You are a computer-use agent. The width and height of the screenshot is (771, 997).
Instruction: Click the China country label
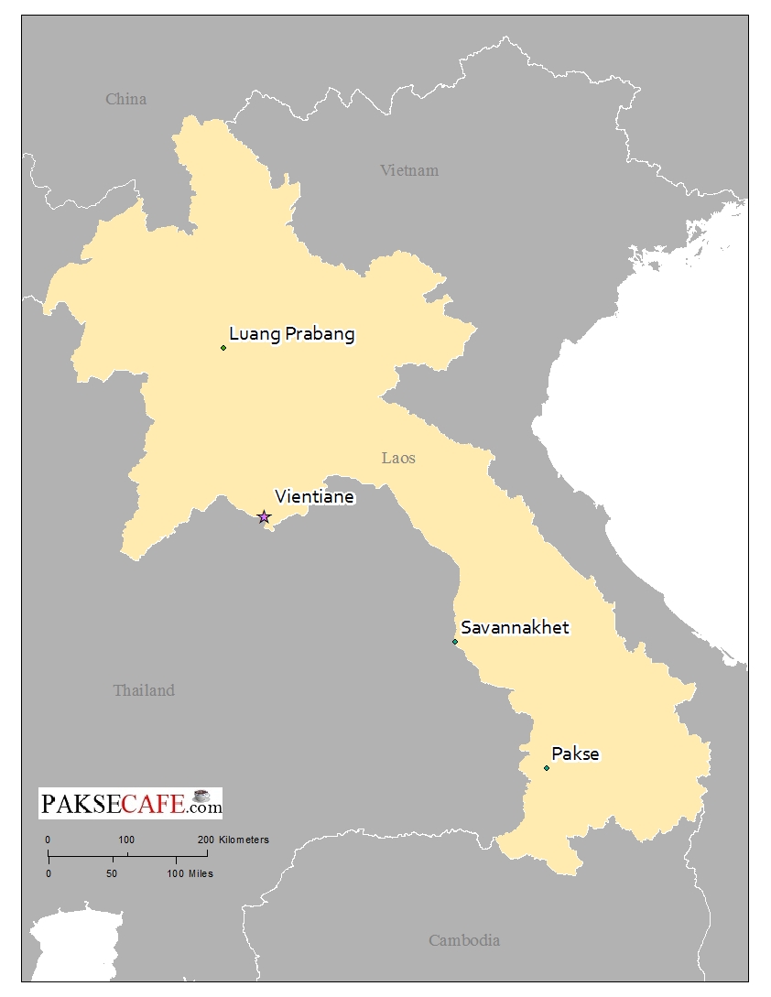point(125,99)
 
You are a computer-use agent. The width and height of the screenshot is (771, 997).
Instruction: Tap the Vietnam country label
point(409,170)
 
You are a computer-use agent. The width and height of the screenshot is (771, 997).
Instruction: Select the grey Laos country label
point(398,458)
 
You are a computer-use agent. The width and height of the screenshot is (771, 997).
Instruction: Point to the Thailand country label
point(144,690)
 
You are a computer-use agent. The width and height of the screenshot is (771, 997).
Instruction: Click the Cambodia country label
point(464,940)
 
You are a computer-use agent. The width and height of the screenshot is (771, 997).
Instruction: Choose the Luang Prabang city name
point(291,333)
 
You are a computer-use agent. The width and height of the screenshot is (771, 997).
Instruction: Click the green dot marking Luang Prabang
point(223,348)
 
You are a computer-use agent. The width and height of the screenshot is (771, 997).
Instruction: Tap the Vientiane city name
point(314,497)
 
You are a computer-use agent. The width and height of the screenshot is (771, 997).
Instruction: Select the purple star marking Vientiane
point(264,517)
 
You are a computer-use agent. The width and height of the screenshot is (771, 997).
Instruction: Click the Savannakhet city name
point(515,627)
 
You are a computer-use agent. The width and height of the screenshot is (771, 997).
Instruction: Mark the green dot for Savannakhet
point(455,642)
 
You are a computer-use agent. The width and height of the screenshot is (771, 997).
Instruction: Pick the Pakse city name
point(576,754)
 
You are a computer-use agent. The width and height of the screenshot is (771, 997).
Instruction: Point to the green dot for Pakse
point(547,768)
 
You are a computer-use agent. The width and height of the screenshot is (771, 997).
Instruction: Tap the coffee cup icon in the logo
point(202,796)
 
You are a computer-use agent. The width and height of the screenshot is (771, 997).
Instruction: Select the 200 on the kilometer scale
point(205,840)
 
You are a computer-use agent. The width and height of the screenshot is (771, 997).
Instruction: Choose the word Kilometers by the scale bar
point(244,840)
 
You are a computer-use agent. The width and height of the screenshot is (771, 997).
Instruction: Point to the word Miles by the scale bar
point(201,873)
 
